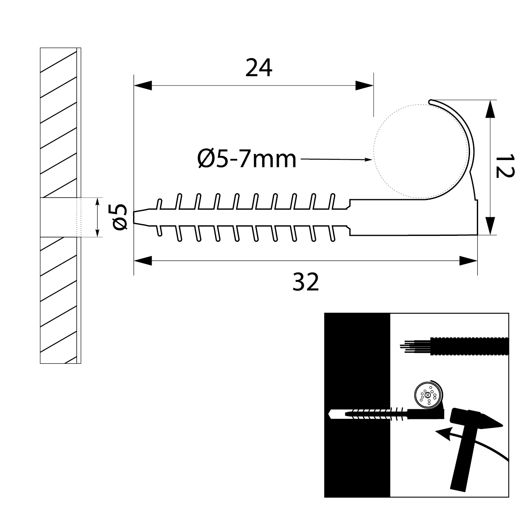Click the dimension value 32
click(x=305, y=282)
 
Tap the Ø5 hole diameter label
click(x=120, y=217)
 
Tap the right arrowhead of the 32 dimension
click(x=468, y=261)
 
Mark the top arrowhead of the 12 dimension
click(x=490, y=109)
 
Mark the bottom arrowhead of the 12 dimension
click(x=490, y=225)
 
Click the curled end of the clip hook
click(x=431, y=101)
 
